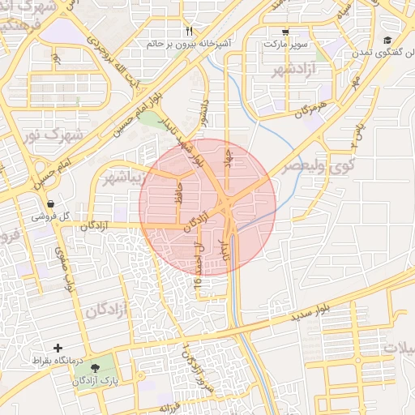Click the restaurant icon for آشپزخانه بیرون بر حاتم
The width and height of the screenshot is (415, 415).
point(189,32)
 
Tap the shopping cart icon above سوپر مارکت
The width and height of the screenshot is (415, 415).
point(285,32)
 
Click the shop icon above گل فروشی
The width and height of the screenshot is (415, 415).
point(51,204)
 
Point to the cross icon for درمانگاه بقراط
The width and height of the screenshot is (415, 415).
point(58,348)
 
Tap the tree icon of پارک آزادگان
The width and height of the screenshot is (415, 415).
point(96,368)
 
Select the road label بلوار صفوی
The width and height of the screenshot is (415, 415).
point(69,268)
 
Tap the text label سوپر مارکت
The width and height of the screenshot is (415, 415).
point(286,43)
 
